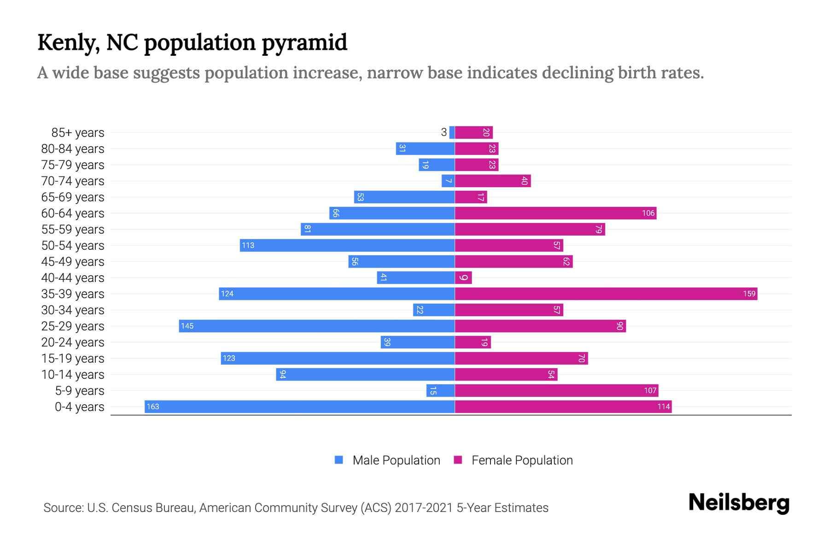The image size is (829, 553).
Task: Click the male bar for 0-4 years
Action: tap(299, 406)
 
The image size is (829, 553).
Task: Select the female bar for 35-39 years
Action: tap(606, 294)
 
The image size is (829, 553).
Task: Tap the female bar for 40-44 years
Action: tap(463, 277)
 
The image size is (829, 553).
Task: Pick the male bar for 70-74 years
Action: tap(448, 181)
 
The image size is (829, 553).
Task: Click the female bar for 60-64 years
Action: tap(555, 213)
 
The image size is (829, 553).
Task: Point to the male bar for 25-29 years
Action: tap(317, 326)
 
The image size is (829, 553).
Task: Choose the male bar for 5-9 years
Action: tap(440, 390)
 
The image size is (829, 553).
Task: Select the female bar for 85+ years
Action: tap(474, 132)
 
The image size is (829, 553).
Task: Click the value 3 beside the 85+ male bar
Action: tap(444, 132)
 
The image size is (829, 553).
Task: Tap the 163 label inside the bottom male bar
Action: tap(153, 406)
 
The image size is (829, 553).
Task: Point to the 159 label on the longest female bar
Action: tap(749, 294)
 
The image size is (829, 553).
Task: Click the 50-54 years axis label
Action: tap(73, 245)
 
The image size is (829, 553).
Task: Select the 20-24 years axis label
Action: tap(73, 342)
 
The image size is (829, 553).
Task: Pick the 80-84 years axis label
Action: tap(73, 148)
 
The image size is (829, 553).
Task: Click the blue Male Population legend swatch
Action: tap(339, 460)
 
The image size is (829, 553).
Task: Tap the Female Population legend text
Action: tap(522, 460)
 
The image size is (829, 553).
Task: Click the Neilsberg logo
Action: tap(739, 503)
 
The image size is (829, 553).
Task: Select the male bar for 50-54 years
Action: tap(347, 245)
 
